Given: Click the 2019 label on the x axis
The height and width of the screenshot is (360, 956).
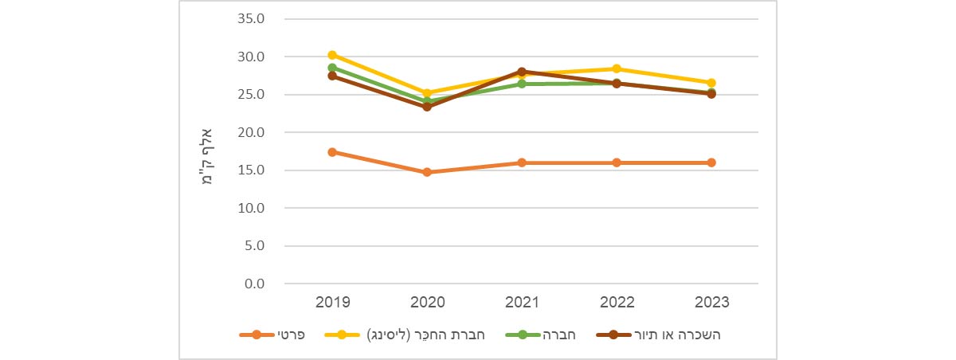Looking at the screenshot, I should [332, 303].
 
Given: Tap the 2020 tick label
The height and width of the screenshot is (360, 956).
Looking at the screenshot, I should [427, 303].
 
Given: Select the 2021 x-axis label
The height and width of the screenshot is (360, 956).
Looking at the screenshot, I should [522, 303].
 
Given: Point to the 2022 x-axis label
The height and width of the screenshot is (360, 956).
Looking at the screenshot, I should [617, 303].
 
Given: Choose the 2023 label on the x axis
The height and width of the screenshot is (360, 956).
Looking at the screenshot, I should [711, 303].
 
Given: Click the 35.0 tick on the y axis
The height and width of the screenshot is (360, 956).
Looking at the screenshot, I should [252, 19].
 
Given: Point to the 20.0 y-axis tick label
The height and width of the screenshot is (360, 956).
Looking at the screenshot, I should [252, 132].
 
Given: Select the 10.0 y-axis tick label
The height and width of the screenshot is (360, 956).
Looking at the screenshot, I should [252, 208].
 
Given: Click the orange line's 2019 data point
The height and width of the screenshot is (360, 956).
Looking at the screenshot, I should [332, 152].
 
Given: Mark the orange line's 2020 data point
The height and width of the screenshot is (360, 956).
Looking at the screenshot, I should [427, 172].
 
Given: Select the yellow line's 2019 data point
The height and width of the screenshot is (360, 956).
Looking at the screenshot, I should [332, 55].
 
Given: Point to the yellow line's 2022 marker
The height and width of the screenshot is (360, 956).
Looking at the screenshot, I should [617, 68].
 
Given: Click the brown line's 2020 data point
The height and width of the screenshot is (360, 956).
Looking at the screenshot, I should [427, 106].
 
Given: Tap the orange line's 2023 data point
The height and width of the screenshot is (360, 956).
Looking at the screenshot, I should [711, 162].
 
